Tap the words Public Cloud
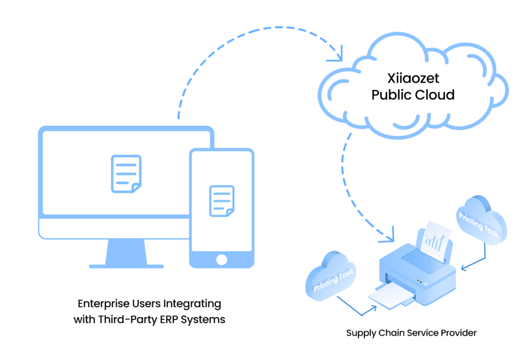click(413, 95)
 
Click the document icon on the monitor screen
click(126, 174)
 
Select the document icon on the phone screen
click(222, 201)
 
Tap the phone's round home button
click(222, 260)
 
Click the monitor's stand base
click(126, 266)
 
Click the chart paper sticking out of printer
click(436, 239)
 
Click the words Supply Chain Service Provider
click(411, 333)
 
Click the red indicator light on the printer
click(418, 280)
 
